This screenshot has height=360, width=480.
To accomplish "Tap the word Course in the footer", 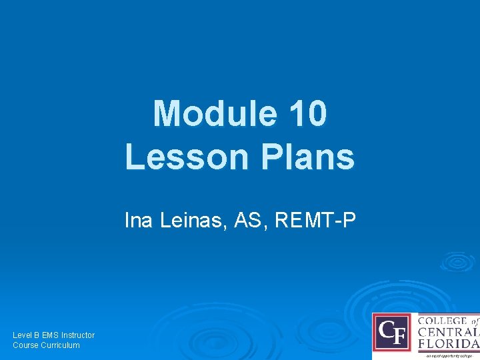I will click(27, 345).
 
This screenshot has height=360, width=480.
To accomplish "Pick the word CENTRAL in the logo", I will click(447, 333).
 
